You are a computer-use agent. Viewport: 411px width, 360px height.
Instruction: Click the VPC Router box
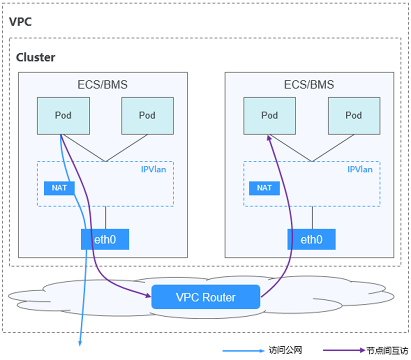coord(206,297)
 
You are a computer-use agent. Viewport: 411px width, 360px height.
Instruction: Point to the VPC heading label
coord(20,21)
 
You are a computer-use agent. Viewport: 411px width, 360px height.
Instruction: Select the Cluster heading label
coord(36,57)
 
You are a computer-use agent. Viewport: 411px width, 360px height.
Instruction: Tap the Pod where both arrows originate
coord(63,115)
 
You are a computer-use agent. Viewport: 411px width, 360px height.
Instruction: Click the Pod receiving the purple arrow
coord(269,115)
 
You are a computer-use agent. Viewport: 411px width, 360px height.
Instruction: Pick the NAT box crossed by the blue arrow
coord(59,188)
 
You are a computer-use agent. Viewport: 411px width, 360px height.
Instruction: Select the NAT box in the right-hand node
coord(264,188)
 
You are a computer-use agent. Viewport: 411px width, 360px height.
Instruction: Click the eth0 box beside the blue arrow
coord(105,239)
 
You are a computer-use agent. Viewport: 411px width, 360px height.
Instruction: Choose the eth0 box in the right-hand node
coord(311,239)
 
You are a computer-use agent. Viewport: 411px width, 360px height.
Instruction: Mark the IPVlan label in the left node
coord(154,170)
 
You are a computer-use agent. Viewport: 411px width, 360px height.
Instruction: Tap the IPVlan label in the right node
coord(360,170)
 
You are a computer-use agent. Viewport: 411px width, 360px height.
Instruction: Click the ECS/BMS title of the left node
coord(103,85)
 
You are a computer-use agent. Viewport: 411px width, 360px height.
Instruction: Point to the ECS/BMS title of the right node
coord(309,85)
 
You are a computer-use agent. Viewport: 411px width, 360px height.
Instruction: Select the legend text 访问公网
coord(285,351)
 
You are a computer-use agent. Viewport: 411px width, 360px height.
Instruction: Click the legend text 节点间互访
coord(387,351)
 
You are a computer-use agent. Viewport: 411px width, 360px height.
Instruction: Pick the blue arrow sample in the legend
coord(243,351)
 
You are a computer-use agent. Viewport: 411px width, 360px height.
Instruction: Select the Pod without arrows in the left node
coord(147,115)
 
